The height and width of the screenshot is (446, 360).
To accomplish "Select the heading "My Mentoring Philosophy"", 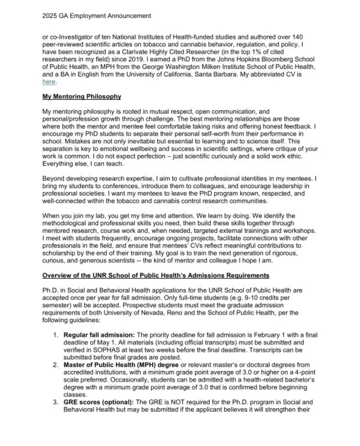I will pos(82,97).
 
